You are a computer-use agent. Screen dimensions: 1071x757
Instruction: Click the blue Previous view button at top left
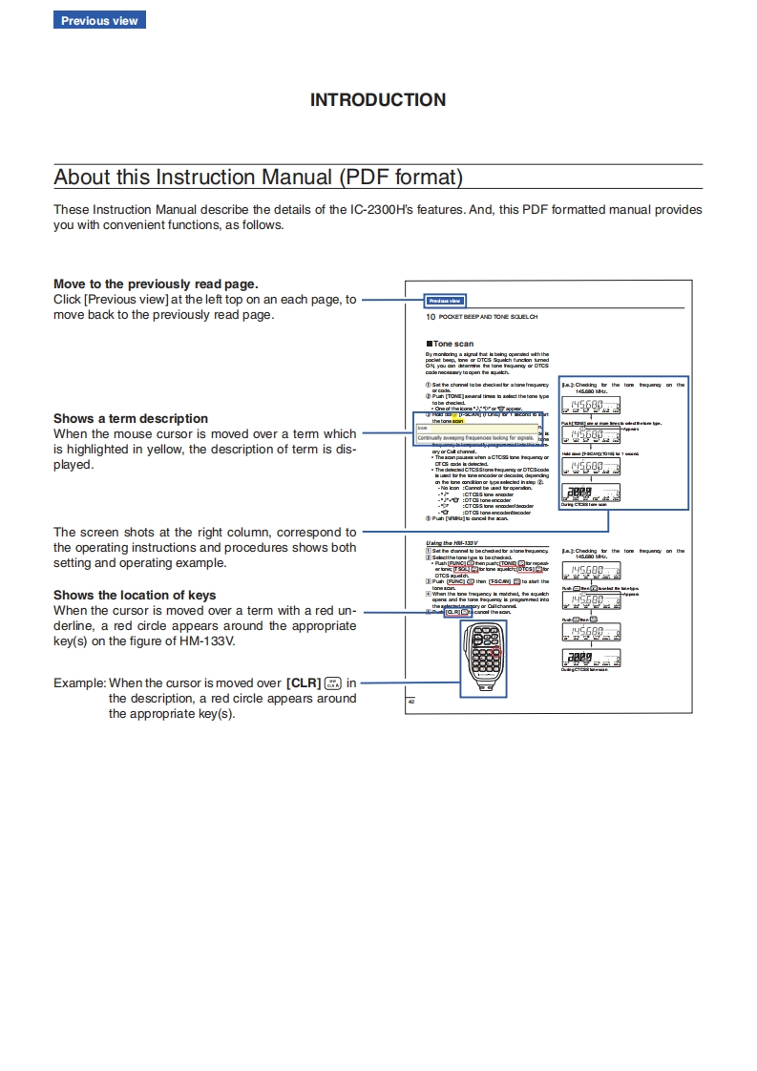[99, 20]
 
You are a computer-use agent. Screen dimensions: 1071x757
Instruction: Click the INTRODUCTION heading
[378, 99]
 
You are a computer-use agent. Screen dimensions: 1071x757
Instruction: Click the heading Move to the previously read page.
[156, 283]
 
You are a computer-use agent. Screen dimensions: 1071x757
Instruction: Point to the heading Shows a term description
[130, 418]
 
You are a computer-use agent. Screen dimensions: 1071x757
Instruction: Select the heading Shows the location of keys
[135, 595]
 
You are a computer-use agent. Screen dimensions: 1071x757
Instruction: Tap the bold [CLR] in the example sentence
[303, 682]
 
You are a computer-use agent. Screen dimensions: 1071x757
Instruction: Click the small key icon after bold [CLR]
[333, 682]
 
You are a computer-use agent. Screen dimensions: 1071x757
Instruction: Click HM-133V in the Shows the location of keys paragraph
[207, 640]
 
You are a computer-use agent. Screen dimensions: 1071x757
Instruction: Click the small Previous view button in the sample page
[445, 301]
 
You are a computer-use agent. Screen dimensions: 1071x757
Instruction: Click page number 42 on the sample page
[410, 702]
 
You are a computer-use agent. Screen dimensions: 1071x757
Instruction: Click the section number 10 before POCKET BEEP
[431, 316]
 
